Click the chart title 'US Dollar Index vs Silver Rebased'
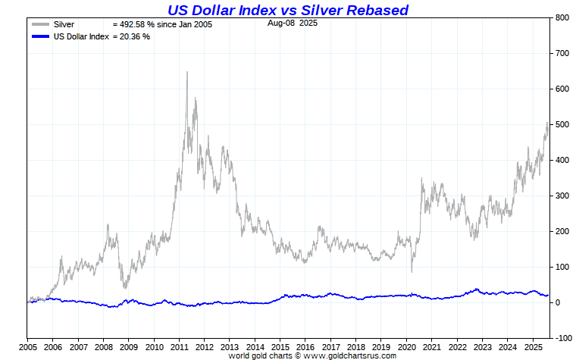pyautogui.click(x=287, y=10)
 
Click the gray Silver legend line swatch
pyautogui.click(x=40, y=25)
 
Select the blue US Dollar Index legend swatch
pyautogui.click(x=40, y=36)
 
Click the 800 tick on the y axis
pyautogui.click(x=562, y=17)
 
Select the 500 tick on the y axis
pyautogui.click(x=562, y=124)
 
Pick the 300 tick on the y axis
pyautogui.click(x=562, y=196)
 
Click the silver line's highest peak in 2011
pyautogui.click(x=187, y=72)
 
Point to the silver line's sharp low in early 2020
pyautogui.click(x=412, y=271)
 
